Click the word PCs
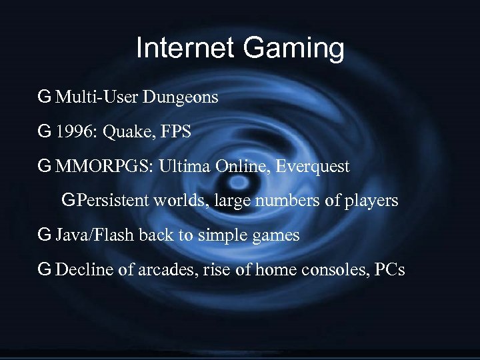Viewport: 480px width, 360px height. point(389,270)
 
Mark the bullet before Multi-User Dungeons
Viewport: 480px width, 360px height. point(45,97)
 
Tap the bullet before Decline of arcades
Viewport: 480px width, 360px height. point(45,269)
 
